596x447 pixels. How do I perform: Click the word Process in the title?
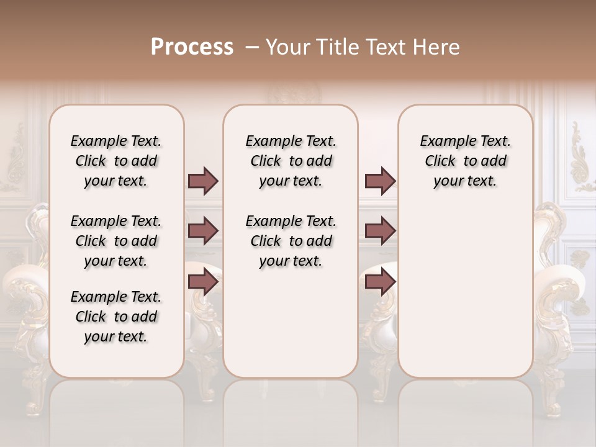coord(192,47)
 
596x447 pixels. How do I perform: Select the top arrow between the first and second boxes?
coord(203,181)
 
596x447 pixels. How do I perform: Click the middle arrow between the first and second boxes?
coord(203,231)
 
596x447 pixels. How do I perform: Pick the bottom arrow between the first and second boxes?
coord(203,282)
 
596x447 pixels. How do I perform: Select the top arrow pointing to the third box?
coord(380,181)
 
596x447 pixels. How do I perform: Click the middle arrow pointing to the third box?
coord(380,231)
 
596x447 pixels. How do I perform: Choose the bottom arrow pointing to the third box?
coord(380,282)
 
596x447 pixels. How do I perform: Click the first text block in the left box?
coord(116,161)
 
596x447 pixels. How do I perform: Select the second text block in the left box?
coord(116,241)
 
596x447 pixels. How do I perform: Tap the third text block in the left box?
coord(116,317)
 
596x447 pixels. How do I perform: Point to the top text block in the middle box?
coord(291,161)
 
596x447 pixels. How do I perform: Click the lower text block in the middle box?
coord(291,241)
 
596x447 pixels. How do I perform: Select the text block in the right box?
coord(465,161)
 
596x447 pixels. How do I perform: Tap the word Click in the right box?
coord(440,161)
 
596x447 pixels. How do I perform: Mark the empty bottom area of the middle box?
coord(291,329)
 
